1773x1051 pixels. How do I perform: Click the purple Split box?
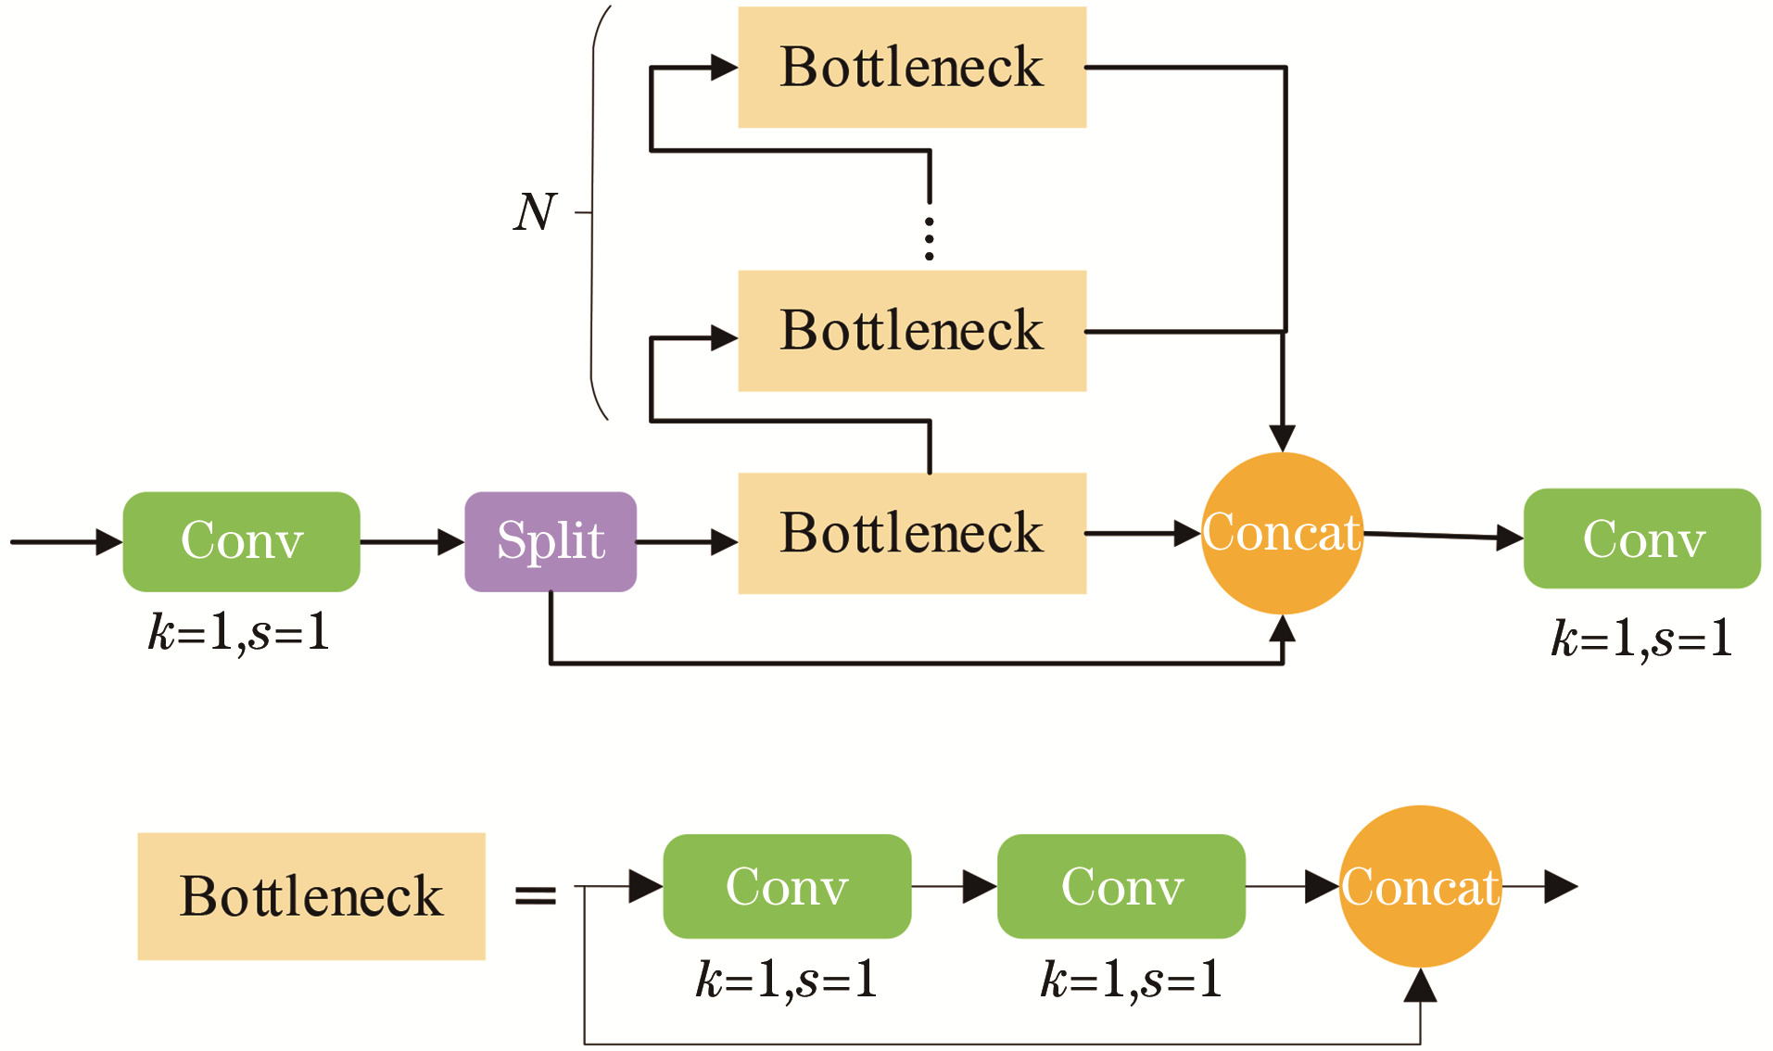click(x=551, y=541)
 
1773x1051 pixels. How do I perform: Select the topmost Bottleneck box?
click(x=912, y=67)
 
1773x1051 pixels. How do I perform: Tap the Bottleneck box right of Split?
click(x=912, y=533)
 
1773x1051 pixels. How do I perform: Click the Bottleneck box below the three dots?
click(x=912, y=331)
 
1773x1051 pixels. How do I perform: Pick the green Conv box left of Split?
click(x=241, y=541)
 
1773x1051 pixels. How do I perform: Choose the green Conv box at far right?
click(x=1642, y=538)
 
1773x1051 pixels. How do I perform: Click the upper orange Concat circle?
click(x=1282, y=533)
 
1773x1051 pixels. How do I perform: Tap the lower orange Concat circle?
click(x=1420, y=886)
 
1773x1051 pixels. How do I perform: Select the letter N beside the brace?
click(x=535, y=212)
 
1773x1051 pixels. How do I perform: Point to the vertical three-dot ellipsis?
click(x=929, y=238)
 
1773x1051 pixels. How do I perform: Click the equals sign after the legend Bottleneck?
click(x=535, y=894)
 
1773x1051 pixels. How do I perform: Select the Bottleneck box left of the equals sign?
click(x=311, y=895)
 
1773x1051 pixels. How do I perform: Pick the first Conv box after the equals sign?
click(x=787, y=886)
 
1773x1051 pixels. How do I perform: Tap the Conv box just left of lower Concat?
click(x=1121, y=886)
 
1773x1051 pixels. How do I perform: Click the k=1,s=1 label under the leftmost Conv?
click(x=239, y=633)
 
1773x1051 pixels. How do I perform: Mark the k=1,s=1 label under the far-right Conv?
click(x=1642, y=638)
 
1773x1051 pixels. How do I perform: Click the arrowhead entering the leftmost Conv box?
click(x=109, y=542)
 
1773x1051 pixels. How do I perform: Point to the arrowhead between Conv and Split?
click(x=450, y=542)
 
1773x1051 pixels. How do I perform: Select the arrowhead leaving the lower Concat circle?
click(x=1561, y=887)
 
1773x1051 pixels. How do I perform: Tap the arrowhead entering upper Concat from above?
click(x=1282, y=437)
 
